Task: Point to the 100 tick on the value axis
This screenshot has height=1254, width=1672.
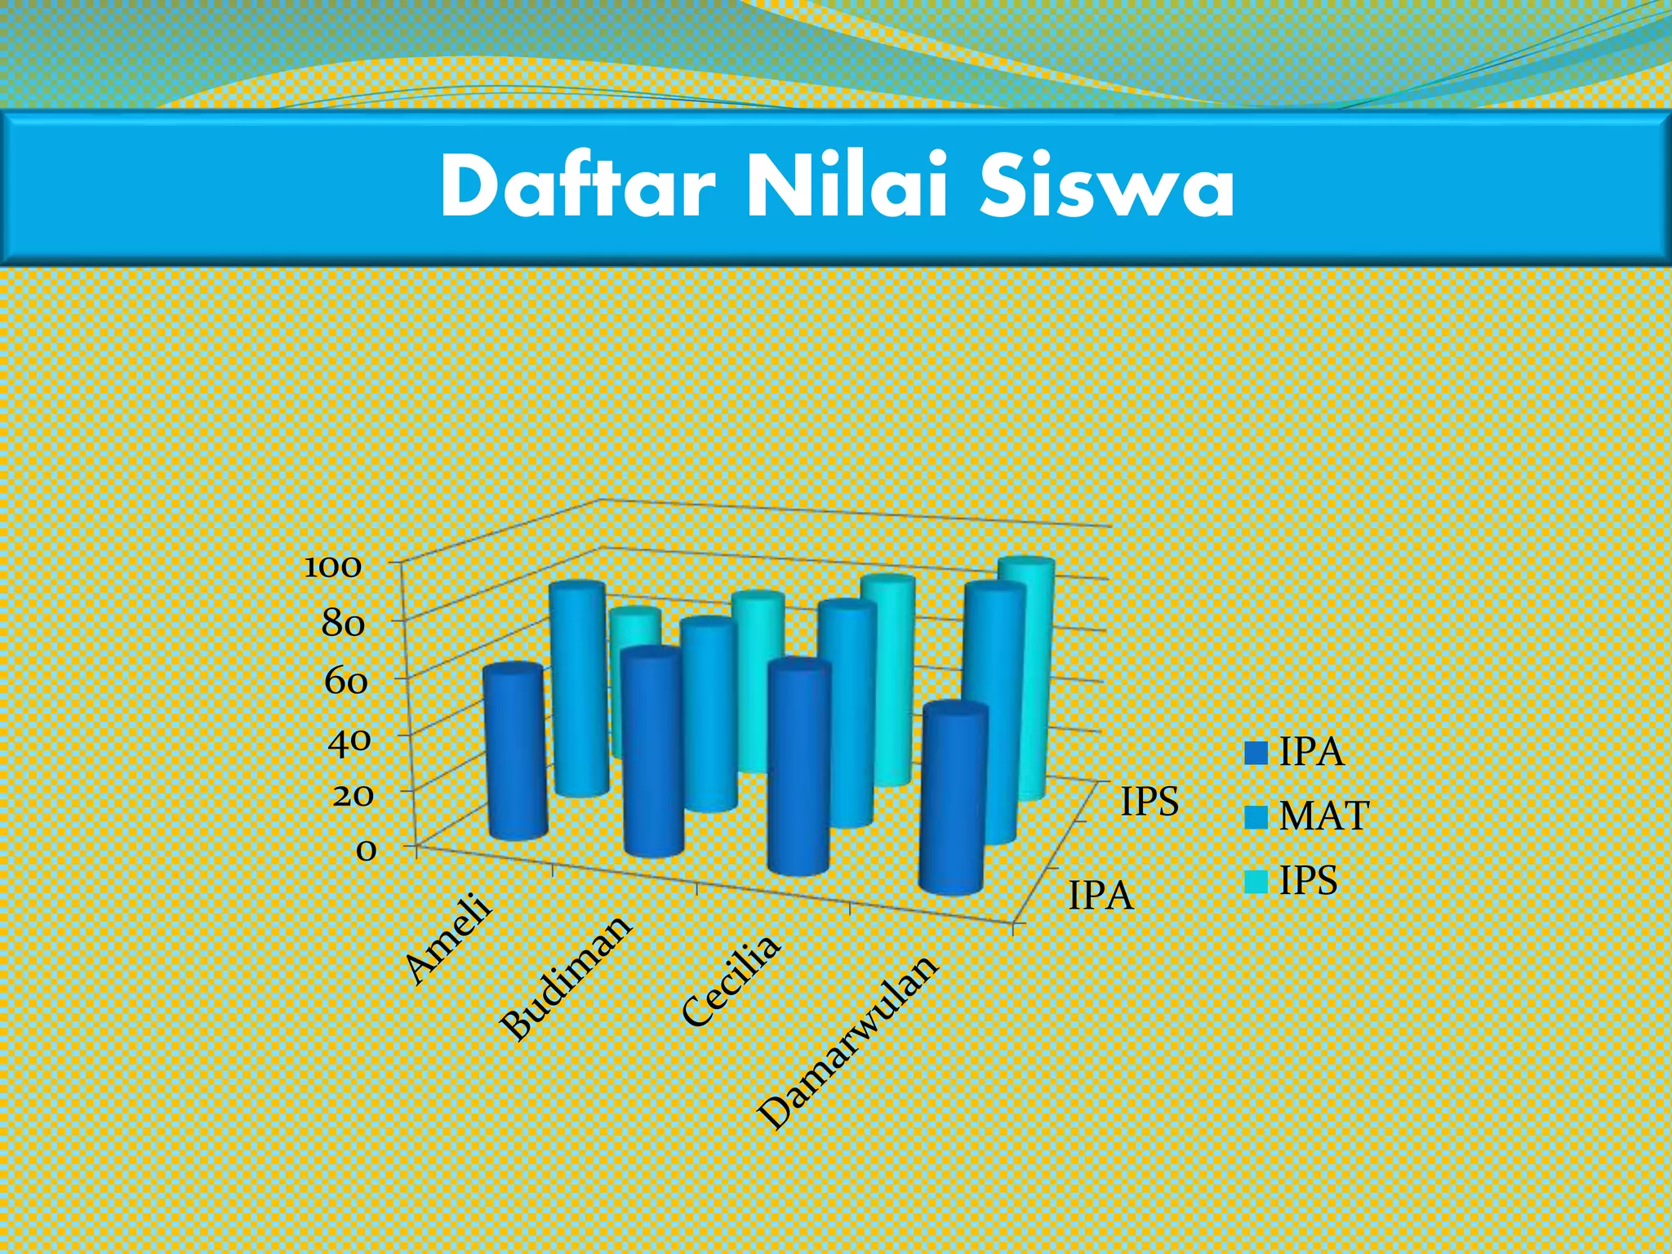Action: coord(332,567)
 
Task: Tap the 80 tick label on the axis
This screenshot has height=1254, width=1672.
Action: coord(343,625)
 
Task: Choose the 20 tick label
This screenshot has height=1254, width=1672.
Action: coord(353,794)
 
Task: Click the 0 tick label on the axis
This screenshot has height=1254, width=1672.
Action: coord(367,851)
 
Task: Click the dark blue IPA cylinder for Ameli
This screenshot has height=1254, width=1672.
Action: coord(515,751)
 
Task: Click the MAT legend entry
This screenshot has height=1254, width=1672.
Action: coord(1323,816)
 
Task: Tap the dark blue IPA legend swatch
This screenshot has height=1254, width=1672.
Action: coord(1256,753)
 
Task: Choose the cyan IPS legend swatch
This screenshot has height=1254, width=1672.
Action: coord(1256,882)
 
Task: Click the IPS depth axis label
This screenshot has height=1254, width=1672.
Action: coord(1149,802)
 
